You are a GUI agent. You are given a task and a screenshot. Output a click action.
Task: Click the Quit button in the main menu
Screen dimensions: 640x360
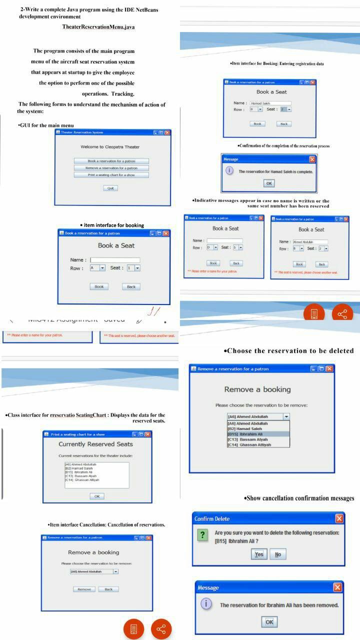[110, 188]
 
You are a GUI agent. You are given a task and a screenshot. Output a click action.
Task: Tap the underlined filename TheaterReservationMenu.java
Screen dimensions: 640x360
[98, 26]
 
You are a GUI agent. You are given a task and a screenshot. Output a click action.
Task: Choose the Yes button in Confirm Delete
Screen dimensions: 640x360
[258, 554]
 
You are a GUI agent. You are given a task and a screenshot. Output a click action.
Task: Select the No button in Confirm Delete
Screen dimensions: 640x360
[277, 554]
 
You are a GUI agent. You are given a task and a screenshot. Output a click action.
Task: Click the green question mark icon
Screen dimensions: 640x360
[202, 535]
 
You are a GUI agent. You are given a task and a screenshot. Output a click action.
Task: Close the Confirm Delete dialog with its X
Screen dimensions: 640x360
[339, 518]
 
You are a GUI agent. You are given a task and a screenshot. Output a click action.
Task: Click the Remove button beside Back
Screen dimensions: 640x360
[84, 589]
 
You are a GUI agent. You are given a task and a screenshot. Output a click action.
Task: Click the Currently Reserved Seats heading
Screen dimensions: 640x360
[95, 444]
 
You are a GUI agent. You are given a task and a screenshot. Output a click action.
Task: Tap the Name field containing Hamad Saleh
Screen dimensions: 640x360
[270, 103]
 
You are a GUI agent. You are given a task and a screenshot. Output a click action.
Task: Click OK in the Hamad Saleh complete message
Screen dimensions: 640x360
[269, 183]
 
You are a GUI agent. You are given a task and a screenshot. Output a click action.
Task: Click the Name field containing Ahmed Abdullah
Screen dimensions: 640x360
[310, 242]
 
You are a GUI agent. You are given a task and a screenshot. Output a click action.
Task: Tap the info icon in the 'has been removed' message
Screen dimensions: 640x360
[204, 604]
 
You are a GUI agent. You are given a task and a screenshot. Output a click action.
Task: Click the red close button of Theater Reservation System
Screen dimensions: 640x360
[167, 132]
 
